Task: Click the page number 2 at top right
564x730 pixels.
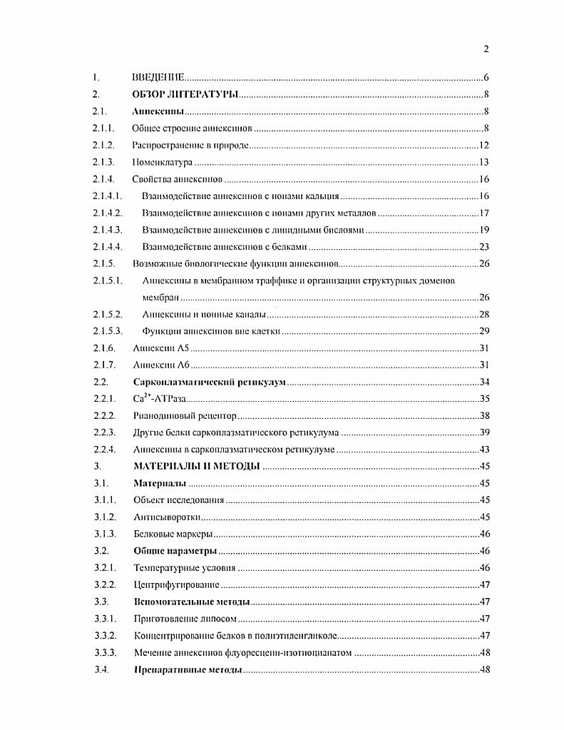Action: [485, 49]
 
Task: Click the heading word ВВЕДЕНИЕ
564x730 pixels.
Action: [159, 77]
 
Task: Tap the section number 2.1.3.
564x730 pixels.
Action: [104, 163]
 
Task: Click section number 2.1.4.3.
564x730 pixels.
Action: [108, 230]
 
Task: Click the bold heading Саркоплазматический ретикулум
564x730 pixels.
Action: [210, 382]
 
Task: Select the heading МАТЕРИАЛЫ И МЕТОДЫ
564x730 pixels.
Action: [196, 467]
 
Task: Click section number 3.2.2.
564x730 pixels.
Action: [104, 585]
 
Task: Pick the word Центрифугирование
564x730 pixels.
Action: [177, 585]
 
